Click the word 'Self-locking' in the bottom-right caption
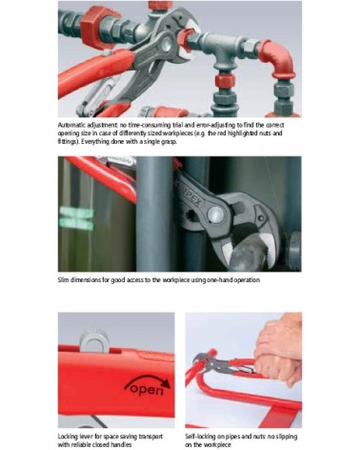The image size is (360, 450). pos(204,435)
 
